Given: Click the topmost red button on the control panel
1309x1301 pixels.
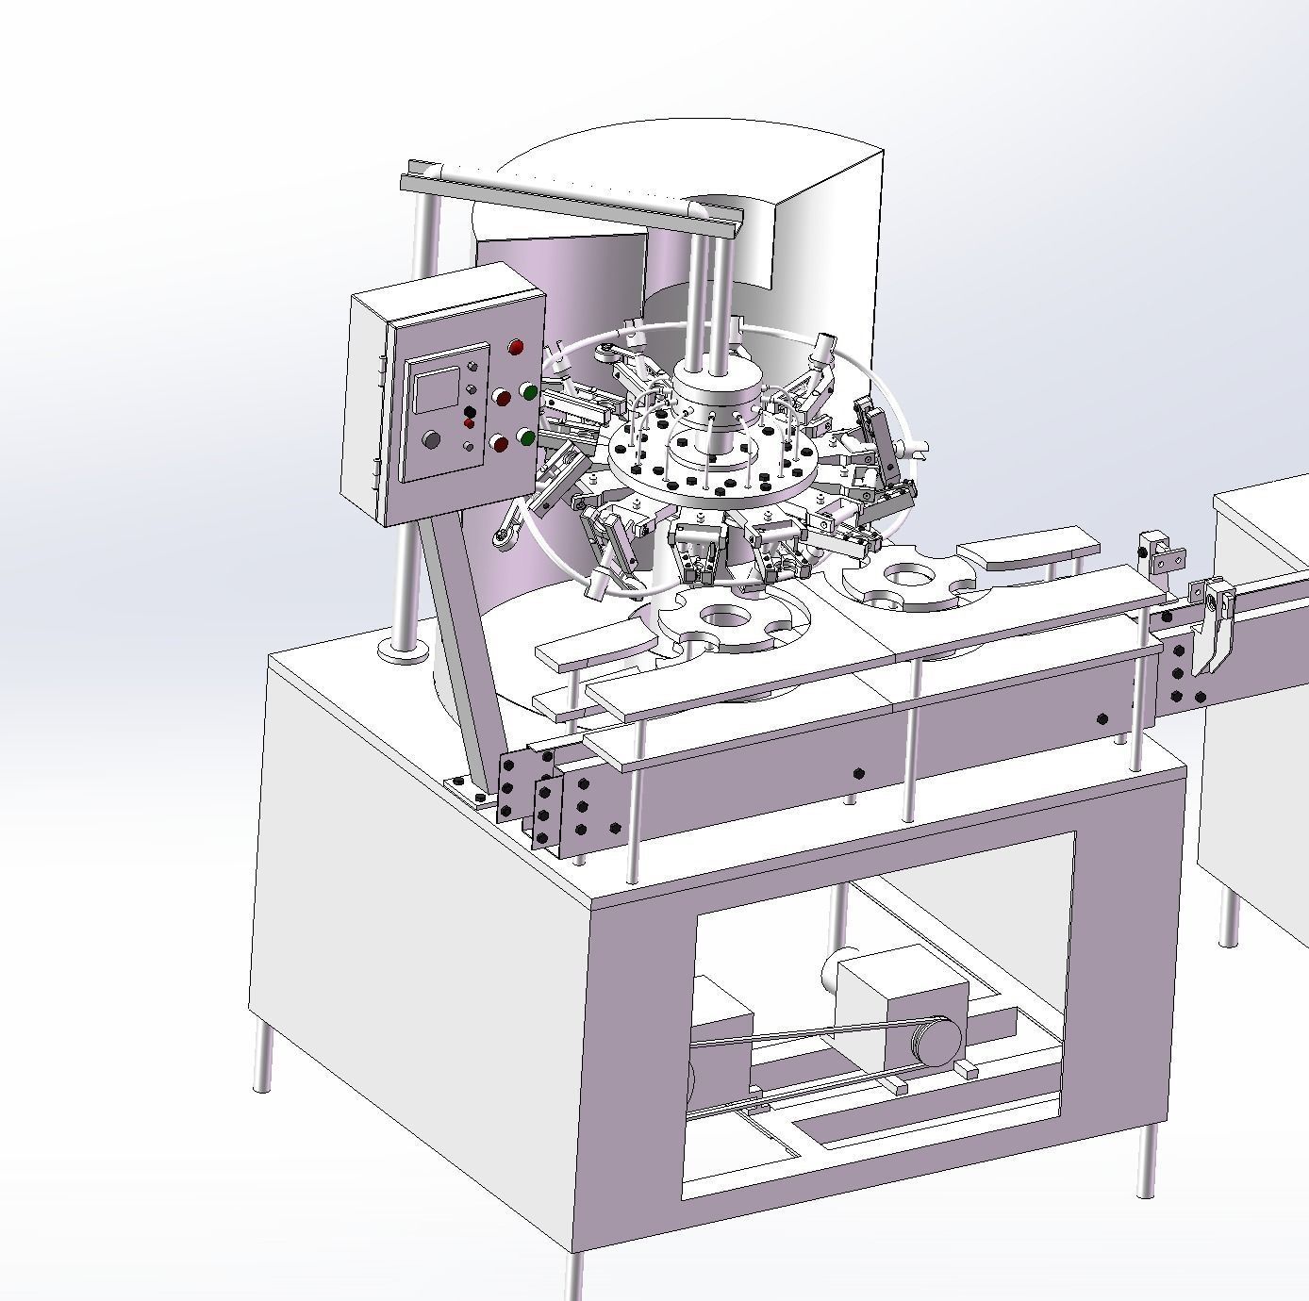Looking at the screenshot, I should [515, 348].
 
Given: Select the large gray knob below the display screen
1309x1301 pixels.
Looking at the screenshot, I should [432, 439].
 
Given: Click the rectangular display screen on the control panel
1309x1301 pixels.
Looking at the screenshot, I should [436, 388].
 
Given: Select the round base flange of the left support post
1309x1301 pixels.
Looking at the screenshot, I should [405, 650].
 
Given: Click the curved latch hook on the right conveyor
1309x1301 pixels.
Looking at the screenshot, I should [1214, 632].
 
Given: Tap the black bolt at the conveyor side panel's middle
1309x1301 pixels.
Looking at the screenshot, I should [858, 774].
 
